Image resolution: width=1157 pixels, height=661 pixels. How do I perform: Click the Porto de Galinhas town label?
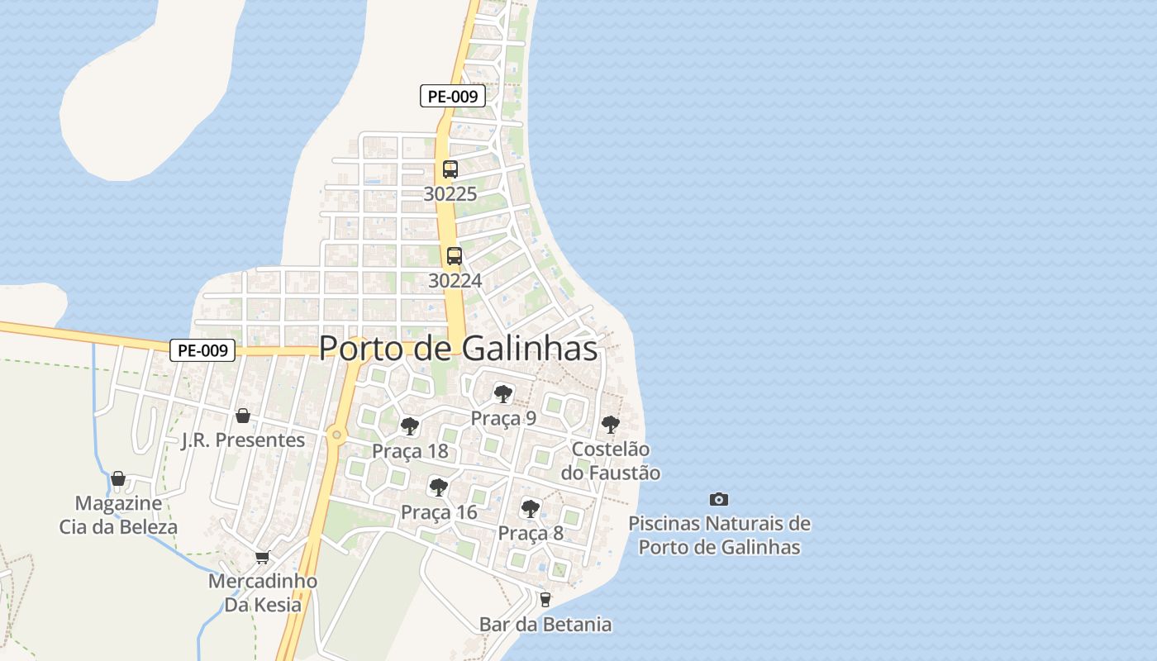click(x=458, y=348)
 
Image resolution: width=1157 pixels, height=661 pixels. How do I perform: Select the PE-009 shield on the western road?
click(x=202, y=350)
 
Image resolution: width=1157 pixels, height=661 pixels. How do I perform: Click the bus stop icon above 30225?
click(x=450, y=169)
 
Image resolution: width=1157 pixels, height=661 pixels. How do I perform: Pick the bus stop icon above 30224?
click(x=455, y=256)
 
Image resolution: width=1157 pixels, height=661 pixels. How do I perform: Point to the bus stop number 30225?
click(x=450, y=194)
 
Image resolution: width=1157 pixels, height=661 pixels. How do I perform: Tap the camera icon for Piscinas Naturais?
click(x=719, y=499)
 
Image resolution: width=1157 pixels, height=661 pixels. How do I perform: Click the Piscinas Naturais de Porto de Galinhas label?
click(x=719, y=535)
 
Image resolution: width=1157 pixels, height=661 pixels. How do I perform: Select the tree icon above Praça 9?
click(x=502, y=393)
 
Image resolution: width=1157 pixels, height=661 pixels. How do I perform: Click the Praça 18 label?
click(x=410, y=451)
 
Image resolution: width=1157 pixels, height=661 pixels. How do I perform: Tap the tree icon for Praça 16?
click(x=439, y=487)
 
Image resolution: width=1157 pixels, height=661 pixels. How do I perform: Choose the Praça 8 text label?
click(x=531, y=534)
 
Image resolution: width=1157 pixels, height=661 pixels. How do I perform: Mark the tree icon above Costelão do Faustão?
click(x=611, y=425)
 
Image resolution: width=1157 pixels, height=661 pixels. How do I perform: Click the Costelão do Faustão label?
click(x=611, y=461)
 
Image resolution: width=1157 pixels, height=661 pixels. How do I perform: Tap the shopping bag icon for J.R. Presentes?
click(x=243, y=415)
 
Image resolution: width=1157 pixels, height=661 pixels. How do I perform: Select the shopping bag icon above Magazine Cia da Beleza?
click(x=118, y=478)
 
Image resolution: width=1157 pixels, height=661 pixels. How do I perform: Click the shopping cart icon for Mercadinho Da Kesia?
click(x=263, y=557)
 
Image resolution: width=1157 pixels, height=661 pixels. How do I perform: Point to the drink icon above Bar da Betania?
click(x=545, y=600)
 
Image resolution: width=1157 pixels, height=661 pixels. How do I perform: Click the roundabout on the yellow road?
click(x=336, y=434)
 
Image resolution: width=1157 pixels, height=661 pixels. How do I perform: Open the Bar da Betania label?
click(x=545, y=625)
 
